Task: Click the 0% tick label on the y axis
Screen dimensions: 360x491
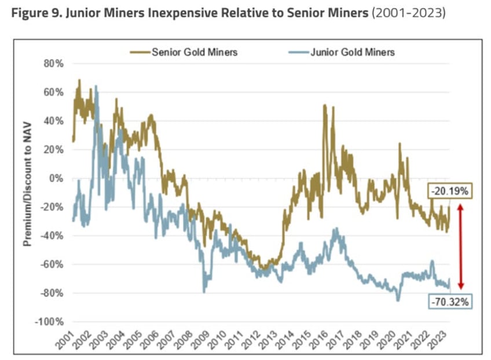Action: pos(56,178)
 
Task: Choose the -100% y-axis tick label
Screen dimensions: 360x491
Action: pos(50,322)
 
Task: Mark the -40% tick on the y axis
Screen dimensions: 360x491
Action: pos(53,236)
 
